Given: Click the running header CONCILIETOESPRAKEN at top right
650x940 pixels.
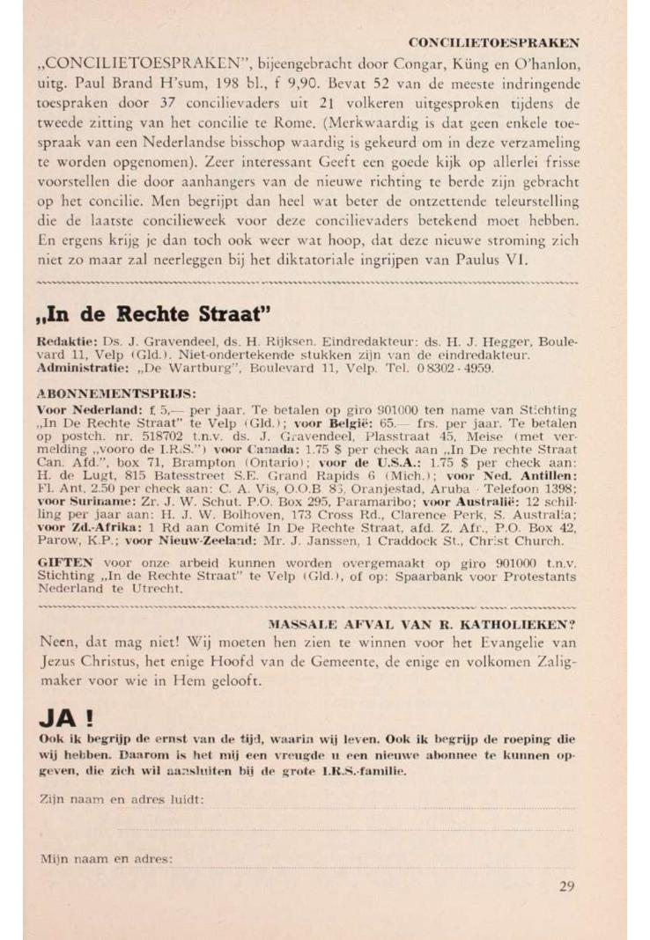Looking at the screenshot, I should pos(493,42).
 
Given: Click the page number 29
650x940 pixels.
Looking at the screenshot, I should pos(567,886).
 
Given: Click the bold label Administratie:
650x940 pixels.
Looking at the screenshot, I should pos(79,369).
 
